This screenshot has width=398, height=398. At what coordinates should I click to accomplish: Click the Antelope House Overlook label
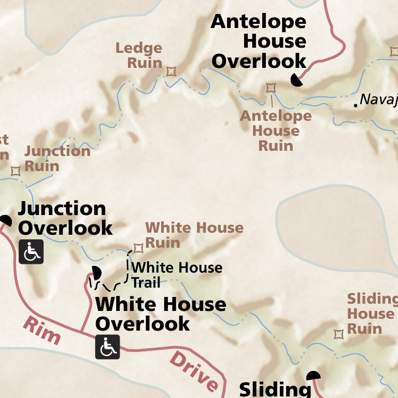(x=259, y=41)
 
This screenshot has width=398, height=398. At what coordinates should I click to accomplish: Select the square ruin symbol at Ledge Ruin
(x=171, y=71)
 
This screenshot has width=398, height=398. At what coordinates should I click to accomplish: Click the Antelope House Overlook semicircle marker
(x=297, y=80)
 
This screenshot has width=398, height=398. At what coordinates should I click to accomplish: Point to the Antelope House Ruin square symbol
(x=271, y=88)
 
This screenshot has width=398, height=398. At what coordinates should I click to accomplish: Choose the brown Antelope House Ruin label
(x=276, y=131)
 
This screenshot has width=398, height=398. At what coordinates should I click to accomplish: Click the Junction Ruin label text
(x=57, y=159)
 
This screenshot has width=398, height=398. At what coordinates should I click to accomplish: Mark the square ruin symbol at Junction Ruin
(x=16, y=171)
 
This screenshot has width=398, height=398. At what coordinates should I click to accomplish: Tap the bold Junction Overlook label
(x=65, y=218)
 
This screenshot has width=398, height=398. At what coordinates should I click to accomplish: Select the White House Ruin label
(x=194, y=235)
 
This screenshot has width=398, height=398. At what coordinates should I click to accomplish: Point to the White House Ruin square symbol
(x=138, y=248)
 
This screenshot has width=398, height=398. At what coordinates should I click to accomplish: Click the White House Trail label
(x=176, y=275)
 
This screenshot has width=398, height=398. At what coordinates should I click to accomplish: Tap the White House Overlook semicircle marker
(x=96, y=272)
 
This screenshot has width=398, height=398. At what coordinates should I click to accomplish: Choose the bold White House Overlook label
(x=161, y=314)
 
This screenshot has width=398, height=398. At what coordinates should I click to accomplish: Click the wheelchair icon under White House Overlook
(x=107, y=347)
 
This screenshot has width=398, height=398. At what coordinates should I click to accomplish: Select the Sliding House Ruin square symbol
(x=339, y=334)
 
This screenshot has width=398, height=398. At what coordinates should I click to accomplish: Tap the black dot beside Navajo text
(x=356, y=105)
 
